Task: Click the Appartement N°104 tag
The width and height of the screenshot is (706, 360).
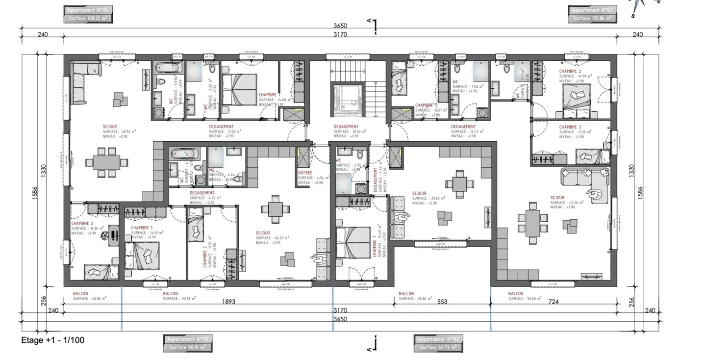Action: point(86,14)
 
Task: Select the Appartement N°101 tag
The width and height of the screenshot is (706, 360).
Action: point(592,14)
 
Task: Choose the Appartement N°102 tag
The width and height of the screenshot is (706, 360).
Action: point(437,343)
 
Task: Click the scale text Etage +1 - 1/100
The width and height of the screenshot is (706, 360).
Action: point(49,340)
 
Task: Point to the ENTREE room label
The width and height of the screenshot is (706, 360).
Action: point(305,173)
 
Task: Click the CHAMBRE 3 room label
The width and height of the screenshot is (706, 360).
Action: point(570,127)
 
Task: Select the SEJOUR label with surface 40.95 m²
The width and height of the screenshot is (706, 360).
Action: point(110,127)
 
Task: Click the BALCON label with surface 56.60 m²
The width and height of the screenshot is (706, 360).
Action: point(516,294)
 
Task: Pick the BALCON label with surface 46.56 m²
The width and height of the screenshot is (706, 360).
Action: point(81,294)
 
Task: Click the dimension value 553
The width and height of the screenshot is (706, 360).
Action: point(442,302)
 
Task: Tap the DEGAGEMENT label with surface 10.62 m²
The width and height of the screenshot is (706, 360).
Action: point(345,127)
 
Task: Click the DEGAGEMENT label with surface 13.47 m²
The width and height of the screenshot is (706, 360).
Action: point(463,127)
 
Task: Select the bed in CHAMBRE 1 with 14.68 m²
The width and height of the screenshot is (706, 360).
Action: point(240,89)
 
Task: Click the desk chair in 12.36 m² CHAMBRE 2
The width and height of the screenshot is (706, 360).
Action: point(105,235)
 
